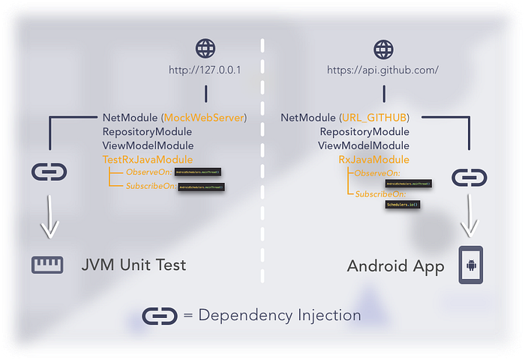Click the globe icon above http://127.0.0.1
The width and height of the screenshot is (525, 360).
[205, 49]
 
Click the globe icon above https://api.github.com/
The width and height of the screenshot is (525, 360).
[383, 49]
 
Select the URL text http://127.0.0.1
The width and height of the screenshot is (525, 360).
[205, 71]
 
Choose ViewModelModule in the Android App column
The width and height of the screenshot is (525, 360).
[364, 145]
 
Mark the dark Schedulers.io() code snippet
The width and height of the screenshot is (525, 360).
[402, 204]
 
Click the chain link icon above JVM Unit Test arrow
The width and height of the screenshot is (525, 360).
[49, 172]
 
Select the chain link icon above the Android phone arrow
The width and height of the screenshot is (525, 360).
[469, 178]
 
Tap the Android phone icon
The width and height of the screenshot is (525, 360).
[470, 265]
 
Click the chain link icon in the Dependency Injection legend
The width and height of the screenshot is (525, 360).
[160, 315]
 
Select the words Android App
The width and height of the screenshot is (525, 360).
[396, 265]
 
